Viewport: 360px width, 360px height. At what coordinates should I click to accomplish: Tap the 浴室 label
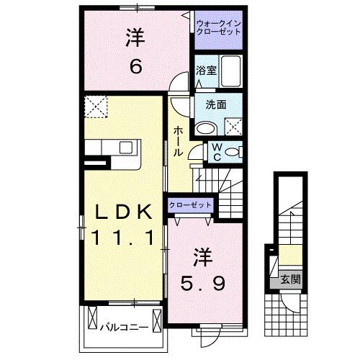207,70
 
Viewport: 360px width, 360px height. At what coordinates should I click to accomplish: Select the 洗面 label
216,104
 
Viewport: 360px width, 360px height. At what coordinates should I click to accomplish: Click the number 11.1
123,238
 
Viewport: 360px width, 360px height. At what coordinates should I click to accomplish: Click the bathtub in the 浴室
231,70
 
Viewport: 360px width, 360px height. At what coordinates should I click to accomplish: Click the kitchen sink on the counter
126,148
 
